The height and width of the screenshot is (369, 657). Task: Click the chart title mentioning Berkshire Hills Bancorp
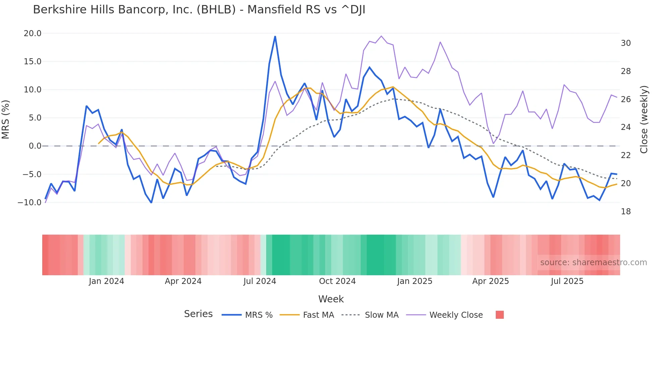pos(199,10)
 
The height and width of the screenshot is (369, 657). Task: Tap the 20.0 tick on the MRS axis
pos(33,33)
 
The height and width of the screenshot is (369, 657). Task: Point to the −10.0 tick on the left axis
pos(29,203)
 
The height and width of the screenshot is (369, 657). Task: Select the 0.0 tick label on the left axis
pos(35,146)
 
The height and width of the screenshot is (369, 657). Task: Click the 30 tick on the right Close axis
pos(625,43)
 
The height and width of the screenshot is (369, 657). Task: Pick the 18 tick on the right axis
pos(625,212)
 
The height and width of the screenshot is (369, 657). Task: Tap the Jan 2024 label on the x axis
pos(106,281)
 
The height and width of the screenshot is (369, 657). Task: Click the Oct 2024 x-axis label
pos(337,281)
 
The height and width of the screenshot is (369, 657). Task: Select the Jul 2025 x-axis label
pos(567,281)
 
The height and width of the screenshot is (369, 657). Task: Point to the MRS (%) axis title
pos(6,120)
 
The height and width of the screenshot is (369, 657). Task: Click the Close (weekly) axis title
pos(644,120)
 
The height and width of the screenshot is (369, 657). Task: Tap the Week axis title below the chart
pos(331,299)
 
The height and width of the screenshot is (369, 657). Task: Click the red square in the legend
pos(499,315)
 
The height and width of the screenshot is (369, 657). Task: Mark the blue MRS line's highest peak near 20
pos(275,36)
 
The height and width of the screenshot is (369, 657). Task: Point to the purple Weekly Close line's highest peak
pos(381,36)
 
